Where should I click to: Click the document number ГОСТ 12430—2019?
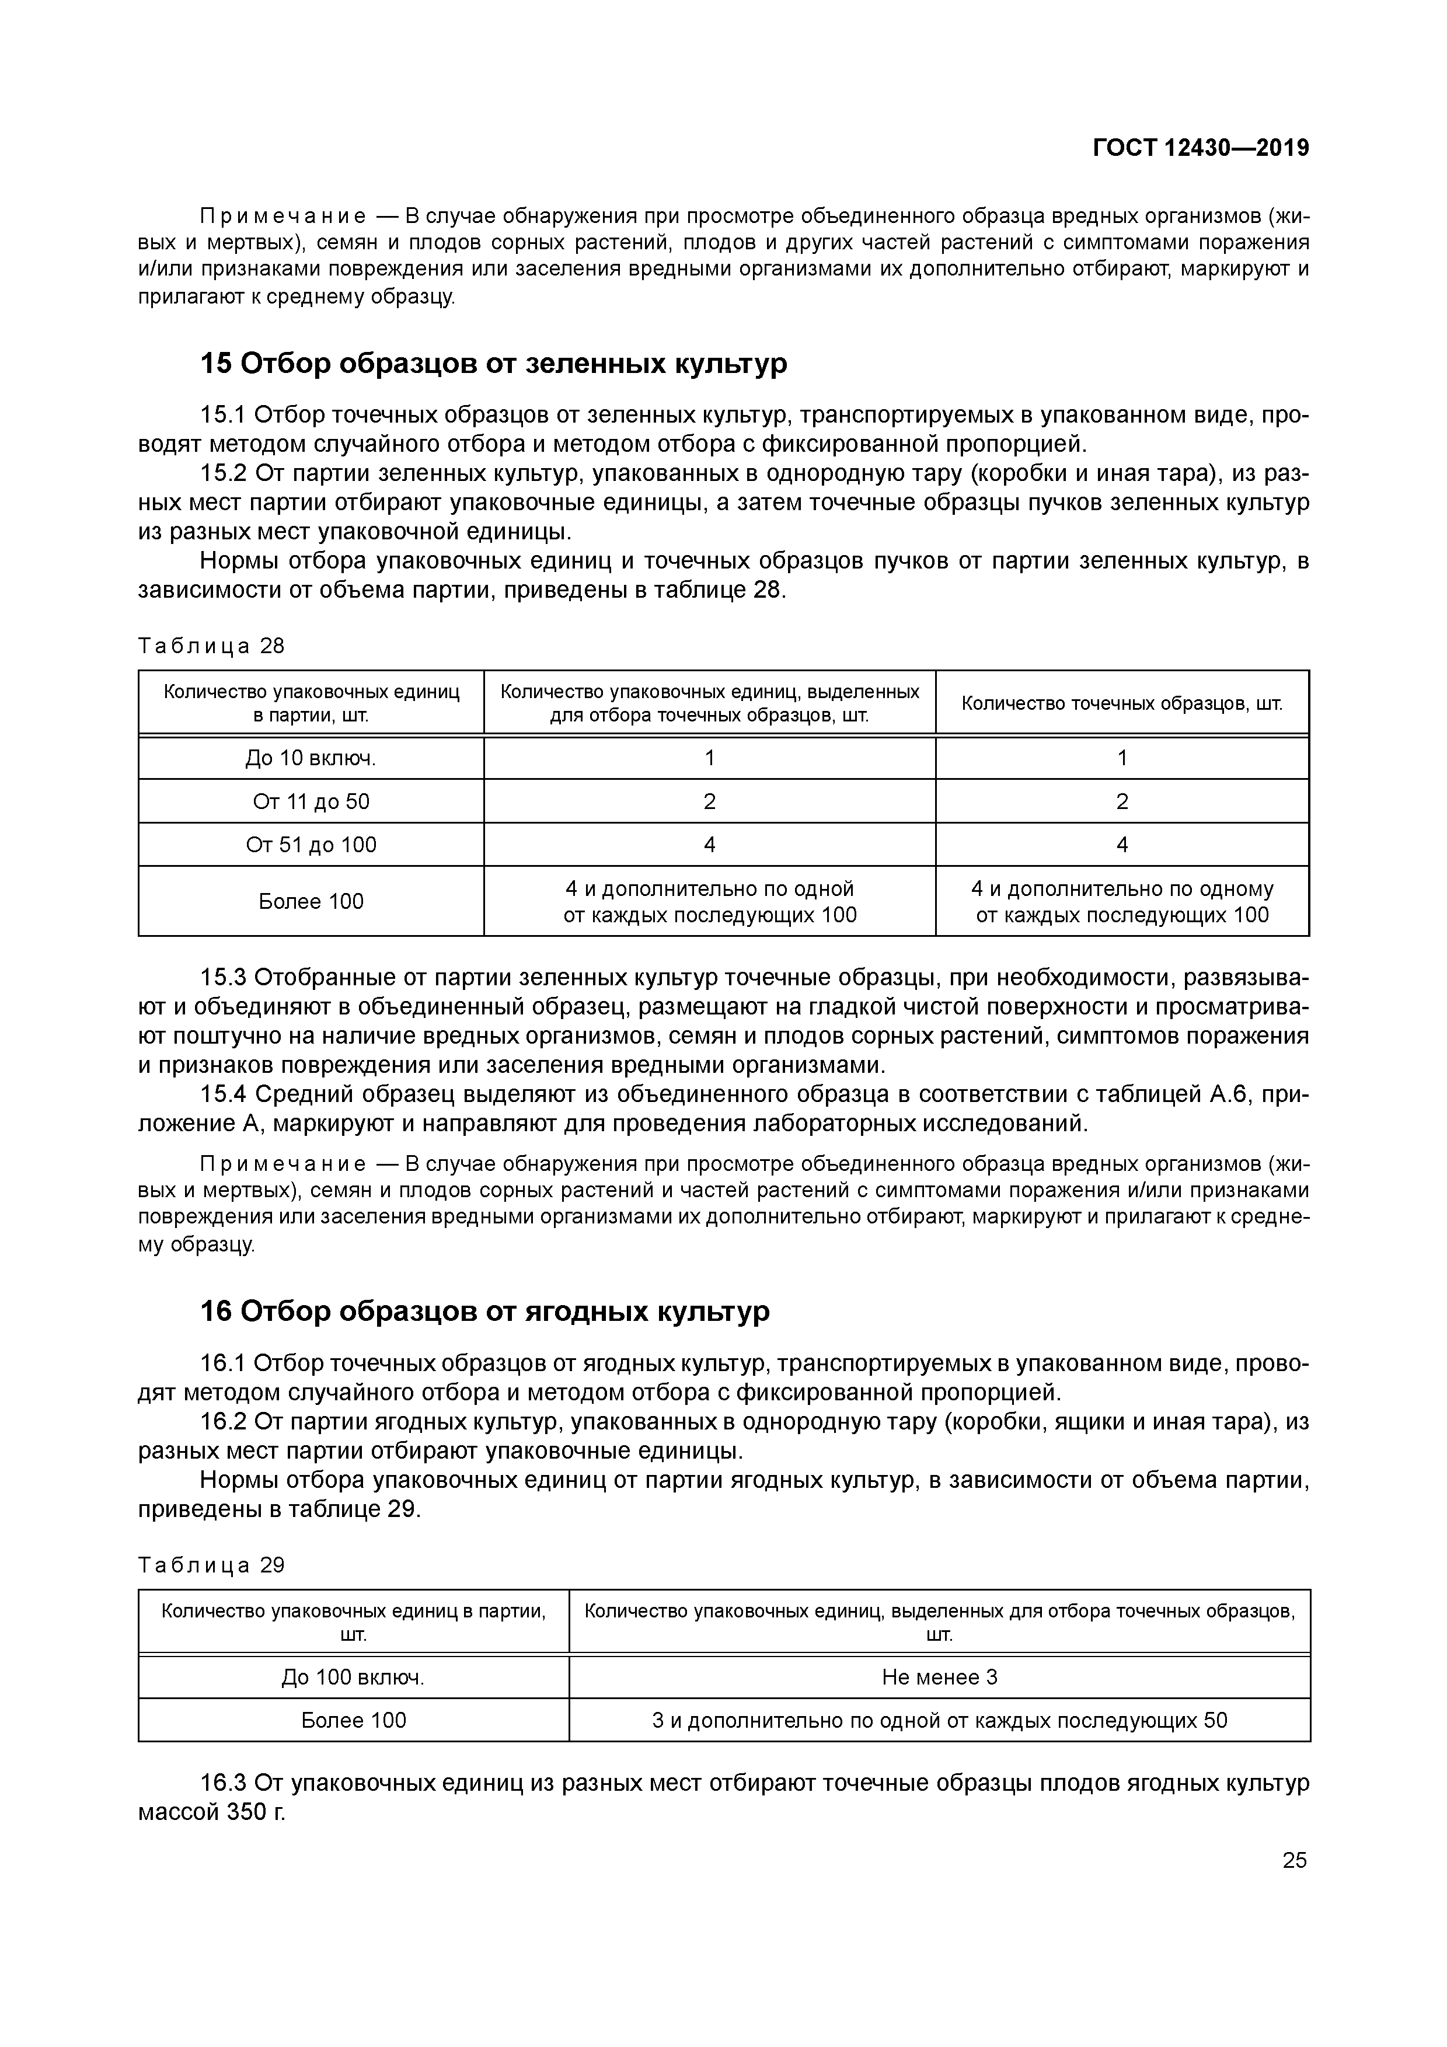tap(1200, 148)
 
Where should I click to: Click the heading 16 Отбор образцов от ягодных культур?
tap(484, 1312)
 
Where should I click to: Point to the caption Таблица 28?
tap(211, 646)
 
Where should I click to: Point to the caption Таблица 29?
tap(211, 1565)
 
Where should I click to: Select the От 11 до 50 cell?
tap(311, 801)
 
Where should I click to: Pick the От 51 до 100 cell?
tap(311, 844)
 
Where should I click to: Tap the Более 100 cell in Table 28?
tap(311, 901)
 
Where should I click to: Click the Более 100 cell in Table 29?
tap(353, 1720)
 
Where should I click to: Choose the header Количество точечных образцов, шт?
tap(1121, 703)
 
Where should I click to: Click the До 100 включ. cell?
tap(353, 1677)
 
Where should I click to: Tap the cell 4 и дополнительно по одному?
tap(1121, 901)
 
